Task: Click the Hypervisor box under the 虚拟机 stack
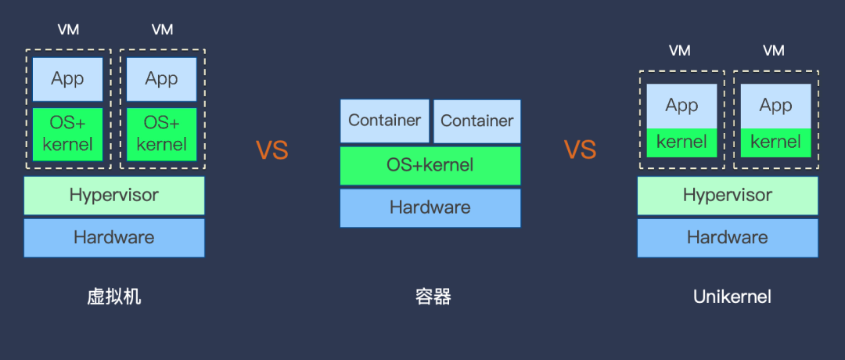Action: [x=114, y=196]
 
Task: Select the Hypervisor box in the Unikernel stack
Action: [x=728, y=196]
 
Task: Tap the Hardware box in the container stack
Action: [x=430, y=207]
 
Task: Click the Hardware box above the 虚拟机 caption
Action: [x=114, y=238]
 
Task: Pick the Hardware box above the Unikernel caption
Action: [x=728, y=238]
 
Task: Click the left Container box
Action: [x=385, y=121]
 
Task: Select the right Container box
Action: [x=477, y=121]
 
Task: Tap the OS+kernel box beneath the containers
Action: [x=430, y=165]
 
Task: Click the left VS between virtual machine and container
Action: [x=272, y=149]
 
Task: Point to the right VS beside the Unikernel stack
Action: [x=581, y=149]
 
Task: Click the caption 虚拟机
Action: [x=114, y=297]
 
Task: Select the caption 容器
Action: [x=433, y=297]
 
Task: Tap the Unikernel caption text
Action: [x=732, y=297]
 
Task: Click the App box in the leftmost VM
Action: [x=68, y=79]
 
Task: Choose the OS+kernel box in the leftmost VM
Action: [x=68, y=134]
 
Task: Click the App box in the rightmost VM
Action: [x=776, y=106]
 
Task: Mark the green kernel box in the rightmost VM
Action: [x=776, y=142]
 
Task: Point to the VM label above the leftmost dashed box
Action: [x=68, y=30]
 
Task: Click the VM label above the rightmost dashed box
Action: [x=774, y=50]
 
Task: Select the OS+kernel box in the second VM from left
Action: [x=162, y=134]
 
